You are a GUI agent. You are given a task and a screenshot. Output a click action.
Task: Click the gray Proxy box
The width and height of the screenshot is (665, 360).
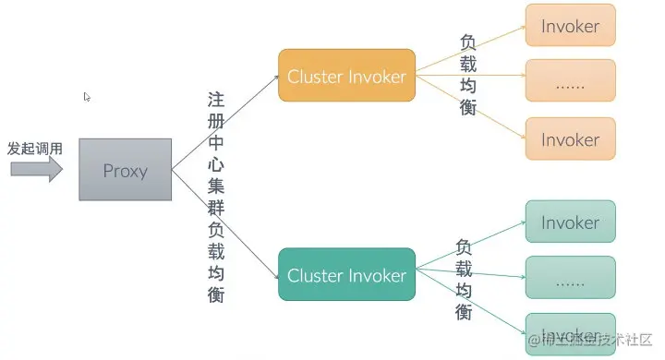point(125,170)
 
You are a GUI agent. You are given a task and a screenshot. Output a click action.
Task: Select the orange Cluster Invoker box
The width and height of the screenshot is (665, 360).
point(346,77)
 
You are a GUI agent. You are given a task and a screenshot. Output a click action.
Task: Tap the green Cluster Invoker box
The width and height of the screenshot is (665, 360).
point(346,275)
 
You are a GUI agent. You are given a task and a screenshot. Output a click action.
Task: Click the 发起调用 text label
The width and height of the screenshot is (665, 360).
point(35,148)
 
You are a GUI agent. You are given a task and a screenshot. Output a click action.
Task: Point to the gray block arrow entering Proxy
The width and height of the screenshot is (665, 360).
point(36,169)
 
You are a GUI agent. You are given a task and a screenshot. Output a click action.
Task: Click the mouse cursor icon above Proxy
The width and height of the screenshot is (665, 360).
point(88,97)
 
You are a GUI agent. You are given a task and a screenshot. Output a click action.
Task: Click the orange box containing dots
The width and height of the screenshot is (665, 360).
point(570,82)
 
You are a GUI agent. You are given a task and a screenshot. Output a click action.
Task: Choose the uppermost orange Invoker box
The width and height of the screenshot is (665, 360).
point(570,27)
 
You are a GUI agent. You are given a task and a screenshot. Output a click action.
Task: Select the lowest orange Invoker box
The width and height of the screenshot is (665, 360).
point(570,139)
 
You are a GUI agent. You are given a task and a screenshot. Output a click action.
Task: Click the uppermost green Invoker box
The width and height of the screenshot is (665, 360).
point(570,222)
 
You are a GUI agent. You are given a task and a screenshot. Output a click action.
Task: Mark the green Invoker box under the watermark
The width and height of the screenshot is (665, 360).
point(570,333)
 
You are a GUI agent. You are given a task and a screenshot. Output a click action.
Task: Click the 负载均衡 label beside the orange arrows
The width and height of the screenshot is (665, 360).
point(468,76)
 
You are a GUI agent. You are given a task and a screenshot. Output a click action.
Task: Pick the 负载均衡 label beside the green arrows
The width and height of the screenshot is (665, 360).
point(464,279)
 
